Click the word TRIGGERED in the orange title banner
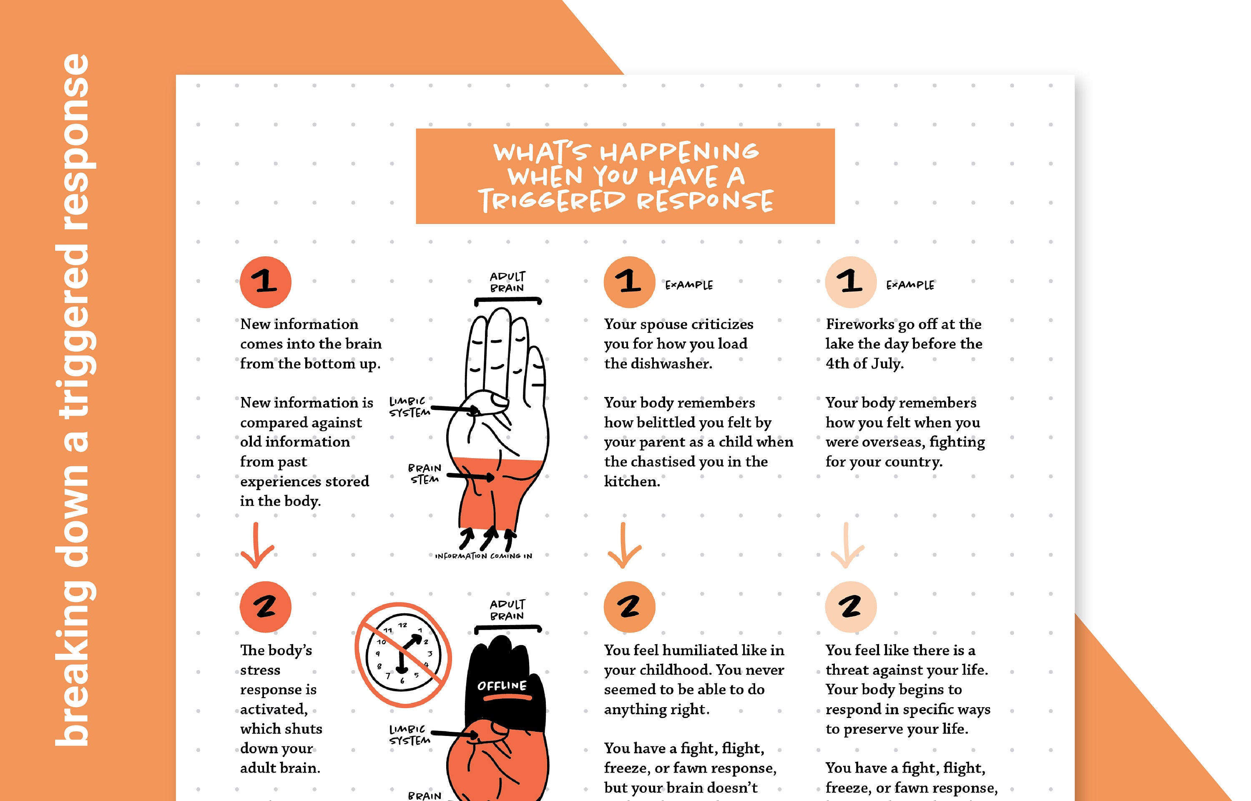click(551, 200)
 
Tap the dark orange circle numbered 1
click(265, 282)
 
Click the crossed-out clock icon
click(403, 654)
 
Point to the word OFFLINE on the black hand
click(502, 685)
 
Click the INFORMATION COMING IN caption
click(484, 556)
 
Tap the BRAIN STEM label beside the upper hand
click(425, 474)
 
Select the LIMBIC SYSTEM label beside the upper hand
click(410, 407)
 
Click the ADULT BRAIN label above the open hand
click(507, 282)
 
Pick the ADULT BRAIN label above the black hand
click(507, 610)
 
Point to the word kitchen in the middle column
click(631, 482)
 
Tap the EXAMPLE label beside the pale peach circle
click(910, 285)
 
